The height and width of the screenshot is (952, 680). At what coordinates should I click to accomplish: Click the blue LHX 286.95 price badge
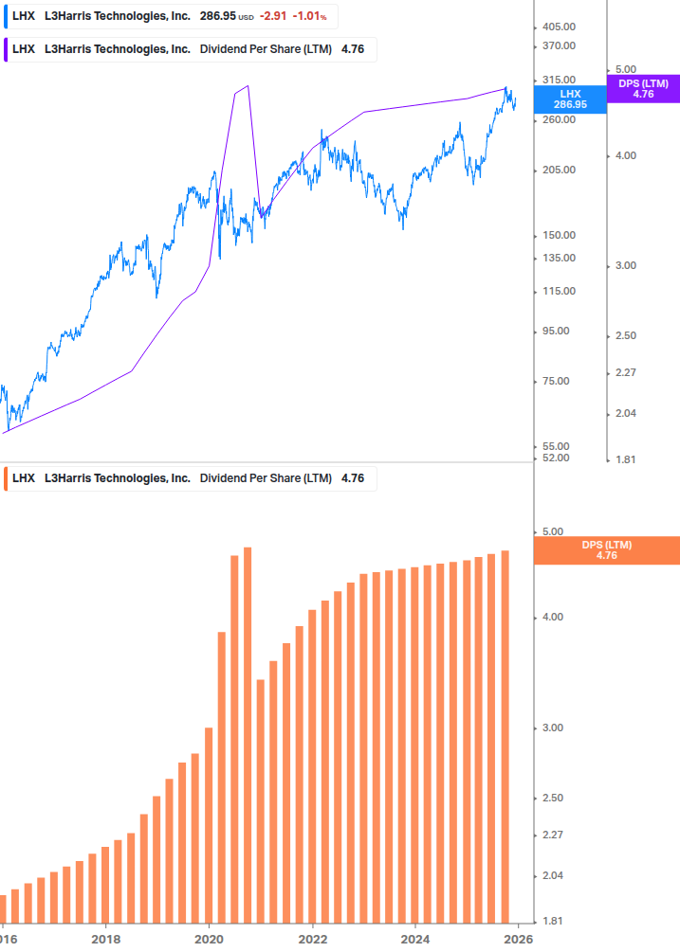(569, 99)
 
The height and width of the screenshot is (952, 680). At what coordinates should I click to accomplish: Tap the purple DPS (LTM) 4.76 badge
(643, 89)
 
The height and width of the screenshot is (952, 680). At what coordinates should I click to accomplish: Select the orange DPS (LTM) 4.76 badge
(607, 550)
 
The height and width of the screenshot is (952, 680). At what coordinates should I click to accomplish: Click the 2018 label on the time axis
(105, 939)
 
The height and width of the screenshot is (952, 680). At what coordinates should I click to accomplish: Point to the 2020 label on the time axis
(209, 939)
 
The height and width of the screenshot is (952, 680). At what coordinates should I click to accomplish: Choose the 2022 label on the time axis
(312, 939)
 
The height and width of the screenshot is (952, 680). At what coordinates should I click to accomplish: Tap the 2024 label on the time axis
(414, 939)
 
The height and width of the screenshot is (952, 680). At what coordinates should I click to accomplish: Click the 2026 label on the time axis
(517, 939)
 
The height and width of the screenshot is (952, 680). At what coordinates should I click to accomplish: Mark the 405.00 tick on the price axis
(559, 27)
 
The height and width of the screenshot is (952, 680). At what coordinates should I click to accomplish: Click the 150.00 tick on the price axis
(559, 236)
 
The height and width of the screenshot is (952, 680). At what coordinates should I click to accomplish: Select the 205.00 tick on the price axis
(559, 171)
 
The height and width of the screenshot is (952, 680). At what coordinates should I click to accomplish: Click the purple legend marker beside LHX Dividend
(6, 49)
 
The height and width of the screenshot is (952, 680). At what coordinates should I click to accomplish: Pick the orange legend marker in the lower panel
(6, 478)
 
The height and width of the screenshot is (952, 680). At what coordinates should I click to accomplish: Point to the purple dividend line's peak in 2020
(247, 86)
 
